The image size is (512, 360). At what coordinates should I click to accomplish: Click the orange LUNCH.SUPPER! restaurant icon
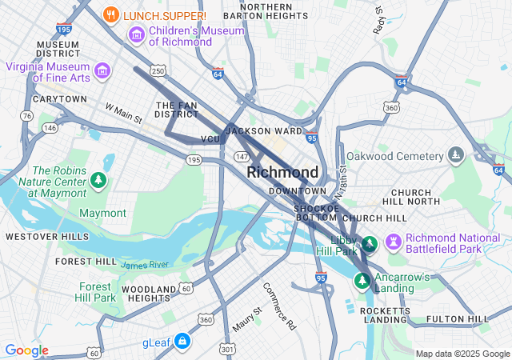point(112,15)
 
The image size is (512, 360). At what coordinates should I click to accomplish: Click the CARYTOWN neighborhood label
point(59,99)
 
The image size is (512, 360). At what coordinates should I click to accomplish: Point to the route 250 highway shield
point(158,72)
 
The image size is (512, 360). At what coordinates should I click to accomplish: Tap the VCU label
point(210,139)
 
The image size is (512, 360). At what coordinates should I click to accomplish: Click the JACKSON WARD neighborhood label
point(265,131)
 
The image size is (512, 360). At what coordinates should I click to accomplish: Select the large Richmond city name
point(282,172)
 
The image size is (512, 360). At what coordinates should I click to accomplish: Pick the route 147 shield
point(242,157)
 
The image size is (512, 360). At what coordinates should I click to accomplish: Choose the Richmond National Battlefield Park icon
point(394,242)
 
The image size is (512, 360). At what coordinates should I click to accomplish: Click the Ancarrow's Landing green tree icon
point(362,281)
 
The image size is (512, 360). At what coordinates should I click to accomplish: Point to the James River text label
point(145,265)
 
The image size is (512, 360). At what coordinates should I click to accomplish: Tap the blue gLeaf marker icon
point(183,342)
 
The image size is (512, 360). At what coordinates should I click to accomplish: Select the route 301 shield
point(228,349)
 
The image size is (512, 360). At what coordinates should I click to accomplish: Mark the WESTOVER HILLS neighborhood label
point(47,237)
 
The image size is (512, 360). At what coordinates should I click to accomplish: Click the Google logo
point(26,350)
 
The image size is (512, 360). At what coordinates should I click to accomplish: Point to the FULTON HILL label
point(458,319)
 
